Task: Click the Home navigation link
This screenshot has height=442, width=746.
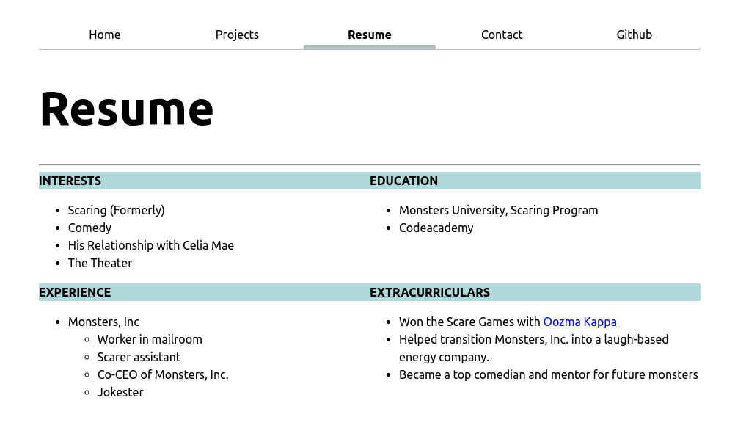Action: [105, 35]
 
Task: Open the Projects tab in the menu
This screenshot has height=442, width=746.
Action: [237, 35]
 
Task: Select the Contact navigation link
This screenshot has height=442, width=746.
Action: [502, 35]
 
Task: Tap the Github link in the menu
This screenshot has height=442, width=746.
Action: [634, 35]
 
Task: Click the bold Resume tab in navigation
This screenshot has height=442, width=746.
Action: [369, 35]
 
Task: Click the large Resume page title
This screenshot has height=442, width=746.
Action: [126, 109]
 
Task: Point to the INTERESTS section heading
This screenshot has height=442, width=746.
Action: [70, 181]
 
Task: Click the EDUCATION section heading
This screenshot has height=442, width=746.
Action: [403, 181]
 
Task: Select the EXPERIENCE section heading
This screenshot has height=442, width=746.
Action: [75, 292]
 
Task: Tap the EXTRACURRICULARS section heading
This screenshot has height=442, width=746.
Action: [430, 292]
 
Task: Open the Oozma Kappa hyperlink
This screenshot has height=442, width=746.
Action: [579, 322]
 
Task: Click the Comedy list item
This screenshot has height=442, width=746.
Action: [89, 228]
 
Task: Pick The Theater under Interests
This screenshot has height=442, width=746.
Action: [100, 263]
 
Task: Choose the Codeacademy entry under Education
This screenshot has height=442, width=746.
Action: [436, 228]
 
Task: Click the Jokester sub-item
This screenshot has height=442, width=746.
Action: [120, 392]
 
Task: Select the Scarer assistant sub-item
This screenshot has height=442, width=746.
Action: [139, 357]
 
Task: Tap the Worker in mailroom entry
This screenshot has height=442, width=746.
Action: [150, 339]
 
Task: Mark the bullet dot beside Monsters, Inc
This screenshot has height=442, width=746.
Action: [58, 322]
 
